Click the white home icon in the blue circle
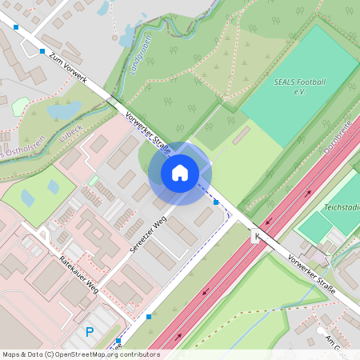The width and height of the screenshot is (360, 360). pyautogui.click(x=180, y=172)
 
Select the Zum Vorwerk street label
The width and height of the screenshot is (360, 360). pyautogui.click(x=67, y=69)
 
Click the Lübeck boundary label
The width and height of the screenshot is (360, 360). pyautogui.click(x=70, y=133)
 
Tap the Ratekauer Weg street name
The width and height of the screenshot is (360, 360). pyautogui.click(x=79, y=274)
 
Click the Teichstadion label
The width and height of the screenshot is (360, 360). pyautogui.click(x=342, y=207)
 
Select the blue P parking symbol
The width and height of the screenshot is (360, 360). pyautogui.click(x=90, y=332)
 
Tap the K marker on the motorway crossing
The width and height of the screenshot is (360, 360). pyautogui.click(x=256, y=236)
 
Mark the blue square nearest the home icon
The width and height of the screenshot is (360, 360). pyautogui.click(x=216, y=202)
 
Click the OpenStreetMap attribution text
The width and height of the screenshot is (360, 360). pyautogui.click(x=81, y=354)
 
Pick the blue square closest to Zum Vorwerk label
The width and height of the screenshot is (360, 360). pyautogui.click(x=42, y=51)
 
